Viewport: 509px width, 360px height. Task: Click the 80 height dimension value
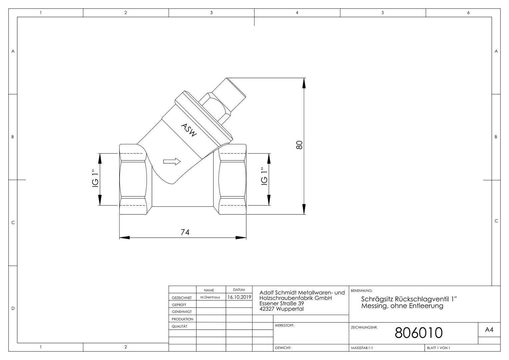click(x=299, y=145)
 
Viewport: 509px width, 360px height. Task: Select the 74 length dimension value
click(x=185, y=232)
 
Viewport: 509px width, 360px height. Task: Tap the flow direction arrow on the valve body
click(x=172, y=161)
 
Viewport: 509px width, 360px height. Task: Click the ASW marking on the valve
click(x=189, y=130)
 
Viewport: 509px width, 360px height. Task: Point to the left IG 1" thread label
click(x=96, y=178)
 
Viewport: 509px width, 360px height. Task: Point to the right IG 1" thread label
click(x=264, y=176)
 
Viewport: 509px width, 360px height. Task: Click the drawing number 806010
click(x=419, y=333)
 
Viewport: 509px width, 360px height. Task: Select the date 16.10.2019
click(x=239, y=297)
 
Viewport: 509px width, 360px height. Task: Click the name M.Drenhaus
click(x=210, y=297)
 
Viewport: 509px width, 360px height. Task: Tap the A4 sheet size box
click(x=489, y=330)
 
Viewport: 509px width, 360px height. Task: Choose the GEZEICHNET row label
click(x=182, y=298)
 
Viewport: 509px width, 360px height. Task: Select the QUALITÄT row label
click(x=180, y=326)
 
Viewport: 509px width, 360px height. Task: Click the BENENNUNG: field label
click(x=361, y=291)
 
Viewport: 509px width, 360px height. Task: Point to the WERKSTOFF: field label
click(x=284, y=325)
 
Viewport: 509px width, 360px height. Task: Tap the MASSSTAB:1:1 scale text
click(x=362, y=348)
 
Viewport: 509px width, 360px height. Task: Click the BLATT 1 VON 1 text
click(x=439, y=348)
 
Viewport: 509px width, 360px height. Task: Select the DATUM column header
click(x=239, y=290)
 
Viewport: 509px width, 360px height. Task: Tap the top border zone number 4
click(x=297, y=13)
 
